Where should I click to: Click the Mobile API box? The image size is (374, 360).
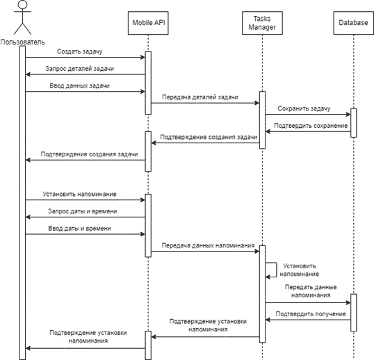148,23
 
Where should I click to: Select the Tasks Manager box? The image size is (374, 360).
262,23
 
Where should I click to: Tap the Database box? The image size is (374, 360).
353,23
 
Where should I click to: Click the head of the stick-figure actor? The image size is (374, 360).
22,4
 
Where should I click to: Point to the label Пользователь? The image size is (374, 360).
22,42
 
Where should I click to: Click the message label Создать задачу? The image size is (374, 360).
80,51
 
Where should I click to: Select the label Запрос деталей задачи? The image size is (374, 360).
80,69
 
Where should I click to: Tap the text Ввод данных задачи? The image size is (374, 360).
80,85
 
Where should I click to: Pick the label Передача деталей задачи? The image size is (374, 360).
200,97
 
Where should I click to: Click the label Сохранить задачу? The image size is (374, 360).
304,108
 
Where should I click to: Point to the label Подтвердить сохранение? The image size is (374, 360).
311,126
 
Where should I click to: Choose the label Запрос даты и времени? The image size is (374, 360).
83,211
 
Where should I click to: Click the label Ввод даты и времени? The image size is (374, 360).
80,229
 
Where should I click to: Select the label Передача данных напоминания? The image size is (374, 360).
208,245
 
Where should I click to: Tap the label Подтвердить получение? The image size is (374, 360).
311,314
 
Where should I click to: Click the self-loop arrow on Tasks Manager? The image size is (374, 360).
277,270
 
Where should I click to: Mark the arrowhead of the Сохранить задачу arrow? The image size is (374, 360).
348,115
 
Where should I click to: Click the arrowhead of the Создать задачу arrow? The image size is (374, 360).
143,57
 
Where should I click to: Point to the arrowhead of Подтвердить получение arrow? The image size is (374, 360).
268,320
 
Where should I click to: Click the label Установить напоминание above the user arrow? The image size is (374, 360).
80,194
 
